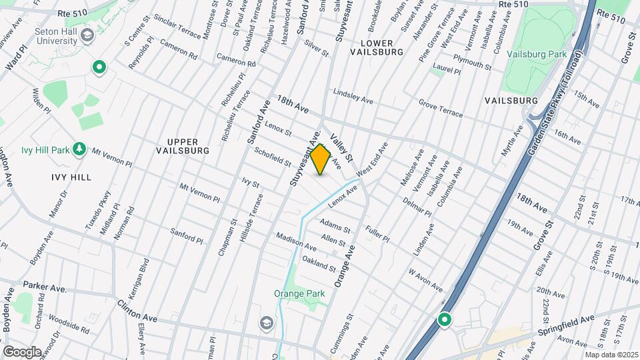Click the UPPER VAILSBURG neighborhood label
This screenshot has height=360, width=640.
(x=188, y=146)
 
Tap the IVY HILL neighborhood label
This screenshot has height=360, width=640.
(x=71, y=177)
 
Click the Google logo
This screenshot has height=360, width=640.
(x=22, y=351)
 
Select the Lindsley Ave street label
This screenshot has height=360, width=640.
(x=353, y=96)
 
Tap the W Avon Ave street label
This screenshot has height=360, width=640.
(x=425, y=280)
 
